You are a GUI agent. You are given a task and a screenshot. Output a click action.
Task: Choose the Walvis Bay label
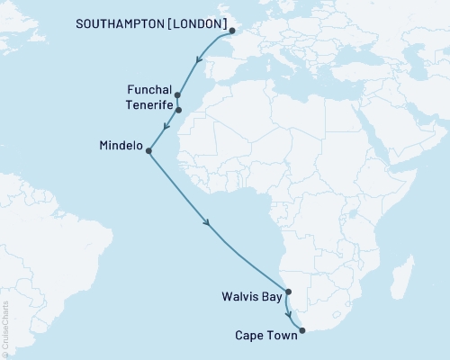(252, 294)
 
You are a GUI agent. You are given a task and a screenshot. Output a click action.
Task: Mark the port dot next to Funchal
(177, 94)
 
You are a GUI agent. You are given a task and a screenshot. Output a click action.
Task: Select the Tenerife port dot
(178, 110)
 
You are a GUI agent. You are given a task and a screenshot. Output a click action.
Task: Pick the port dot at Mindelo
(148, 151)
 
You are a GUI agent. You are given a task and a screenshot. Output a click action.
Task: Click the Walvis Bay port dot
(288, 291)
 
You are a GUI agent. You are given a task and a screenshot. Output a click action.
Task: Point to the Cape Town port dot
(301, 330)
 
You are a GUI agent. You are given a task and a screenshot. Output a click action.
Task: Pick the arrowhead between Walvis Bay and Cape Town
(289, 316)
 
